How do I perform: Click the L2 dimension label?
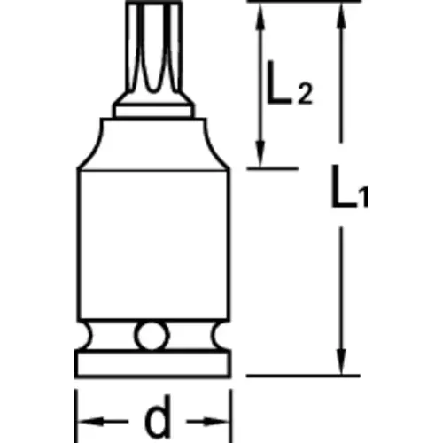289,83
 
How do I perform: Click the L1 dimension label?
350,187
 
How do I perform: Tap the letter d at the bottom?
158,416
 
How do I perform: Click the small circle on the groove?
152,336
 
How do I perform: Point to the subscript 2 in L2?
305,93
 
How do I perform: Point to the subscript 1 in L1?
364,198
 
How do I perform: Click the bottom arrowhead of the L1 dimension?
341,361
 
